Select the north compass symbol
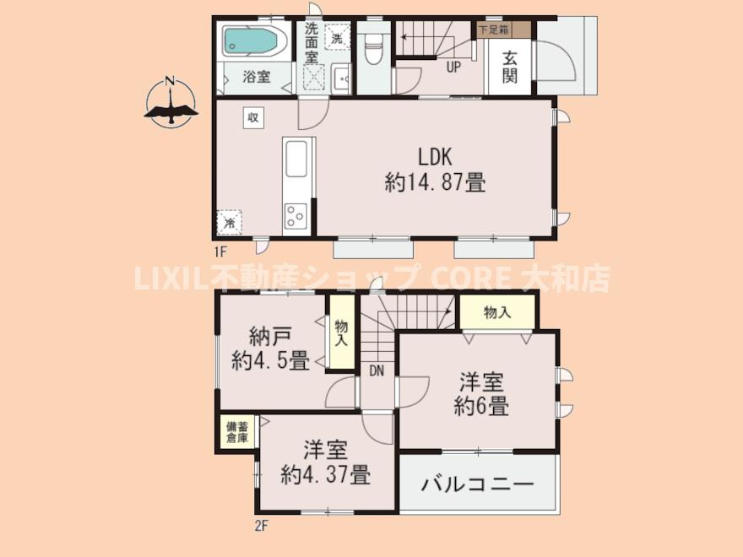click(x=171, y=101)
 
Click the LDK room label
click(x=435, y=157)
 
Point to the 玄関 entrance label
click(x=509, y=67)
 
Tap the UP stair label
click(x=453, y=68)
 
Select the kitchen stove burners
click(x=296, y=216)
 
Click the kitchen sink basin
click(x=296, y=159)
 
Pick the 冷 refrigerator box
click(x=230, y=222)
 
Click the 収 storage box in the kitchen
click(x=253, y=117)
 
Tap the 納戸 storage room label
click(x=269, y=337)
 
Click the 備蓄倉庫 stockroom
click(x=237, y=431)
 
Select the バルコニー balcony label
click(x=478, y=484)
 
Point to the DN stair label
click(x=377, y=370)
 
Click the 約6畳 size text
click(x=481, y=407)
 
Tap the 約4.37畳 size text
click(x=326, y=474)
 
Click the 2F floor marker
click(x=261, y=526)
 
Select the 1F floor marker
click(x=220, y=251)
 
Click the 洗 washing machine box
click(x=338, y=37)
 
